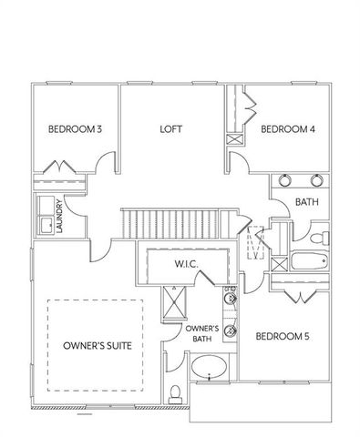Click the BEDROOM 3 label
pos(76,129)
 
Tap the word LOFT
pos(171,129)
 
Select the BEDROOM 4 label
pos(288,129)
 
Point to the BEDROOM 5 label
pos(282,336)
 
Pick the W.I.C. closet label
pos(187,264)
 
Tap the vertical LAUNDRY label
pos(59,216)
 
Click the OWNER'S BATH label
pos(201,333)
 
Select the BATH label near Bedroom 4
pos(305,201)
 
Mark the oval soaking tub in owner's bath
pos(211,371)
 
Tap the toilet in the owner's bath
pos(175,392)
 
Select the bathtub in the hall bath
pos(306,265)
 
